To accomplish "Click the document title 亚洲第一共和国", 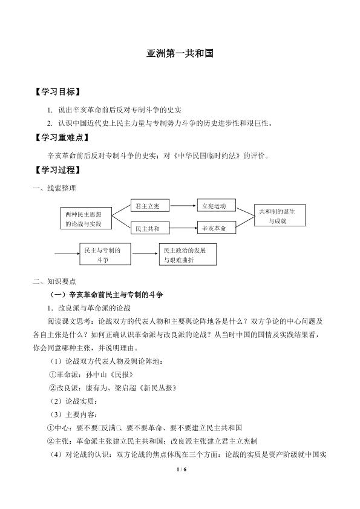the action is (x=180, y=53).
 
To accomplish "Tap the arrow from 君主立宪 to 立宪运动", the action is (x=184, y=206).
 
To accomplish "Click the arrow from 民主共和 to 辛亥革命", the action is (x=184, y=229).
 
